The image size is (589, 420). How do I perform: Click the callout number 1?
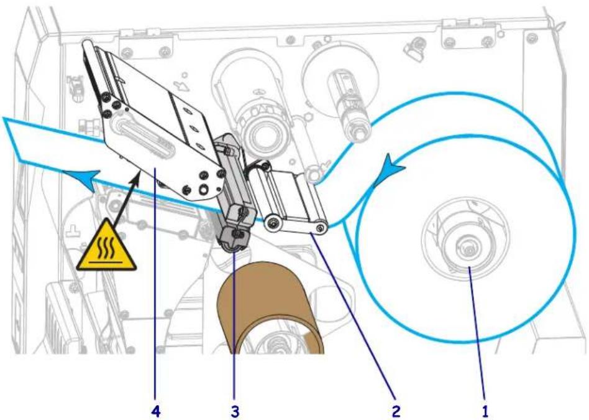pos(485,411)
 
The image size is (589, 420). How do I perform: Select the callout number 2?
pos(396,411)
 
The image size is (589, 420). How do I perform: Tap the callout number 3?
pos(235,411)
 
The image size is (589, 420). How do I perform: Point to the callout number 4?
pos(155,411)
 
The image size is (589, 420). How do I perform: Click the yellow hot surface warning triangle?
pos(106,246)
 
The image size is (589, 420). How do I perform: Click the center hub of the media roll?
pos(466,248)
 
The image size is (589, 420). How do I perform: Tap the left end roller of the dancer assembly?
pos(273,223)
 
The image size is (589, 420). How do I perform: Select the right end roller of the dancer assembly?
pos(321,226)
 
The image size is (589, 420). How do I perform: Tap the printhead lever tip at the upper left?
pos(87,43)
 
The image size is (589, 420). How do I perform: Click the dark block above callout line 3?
pos(233,236)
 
